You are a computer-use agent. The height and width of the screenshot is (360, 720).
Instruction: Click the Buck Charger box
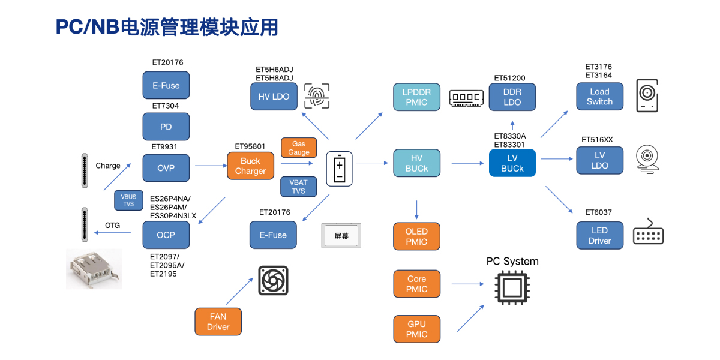click(x=250, y=166)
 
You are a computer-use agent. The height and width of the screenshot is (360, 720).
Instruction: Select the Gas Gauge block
click(x=299, y=148)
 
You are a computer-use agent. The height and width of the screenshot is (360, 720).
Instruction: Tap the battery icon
click(x=339, y=169)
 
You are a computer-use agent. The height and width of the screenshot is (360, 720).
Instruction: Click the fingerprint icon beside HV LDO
click(x=317, y=96)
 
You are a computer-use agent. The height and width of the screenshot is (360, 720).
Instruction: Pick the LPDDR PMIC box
click(x=416, y=97)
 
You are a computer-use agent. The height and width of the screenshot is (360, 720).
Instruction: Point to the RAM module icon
click(x=466, y=97)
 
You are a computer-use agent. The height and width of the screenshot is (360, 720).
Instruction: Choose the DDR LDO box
click(x=512, y=97)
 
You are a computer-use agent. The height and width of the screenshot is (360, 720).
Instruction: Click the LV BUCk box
click(x=512, y=163)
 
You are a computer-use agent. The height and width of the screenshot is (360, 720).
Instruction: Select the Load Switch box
click(x=599, y=97)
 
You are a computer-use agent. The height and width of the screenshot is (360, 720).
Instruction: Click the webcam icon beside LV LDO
click(x=648, y=160)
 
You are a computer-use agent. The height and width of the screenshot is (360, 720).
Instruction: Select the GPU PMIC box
click(x=416, y=329)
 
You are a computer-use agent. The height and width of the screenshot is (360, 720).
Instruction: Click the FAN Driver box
click(x=218, y=322)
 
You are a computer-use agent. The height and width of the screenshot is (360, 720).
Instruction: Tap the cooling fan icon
click(x=274, y=281)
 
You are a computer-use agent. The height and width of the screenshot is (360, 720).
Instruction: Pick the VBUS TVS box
click(x=128, y=200)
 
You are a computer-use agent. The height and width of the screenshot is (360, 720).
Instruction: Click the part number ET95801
click(x=250, y=146)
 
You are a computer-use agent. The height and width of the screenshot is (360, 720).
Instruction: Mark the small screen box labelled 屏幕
click(x=341, y=236)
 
